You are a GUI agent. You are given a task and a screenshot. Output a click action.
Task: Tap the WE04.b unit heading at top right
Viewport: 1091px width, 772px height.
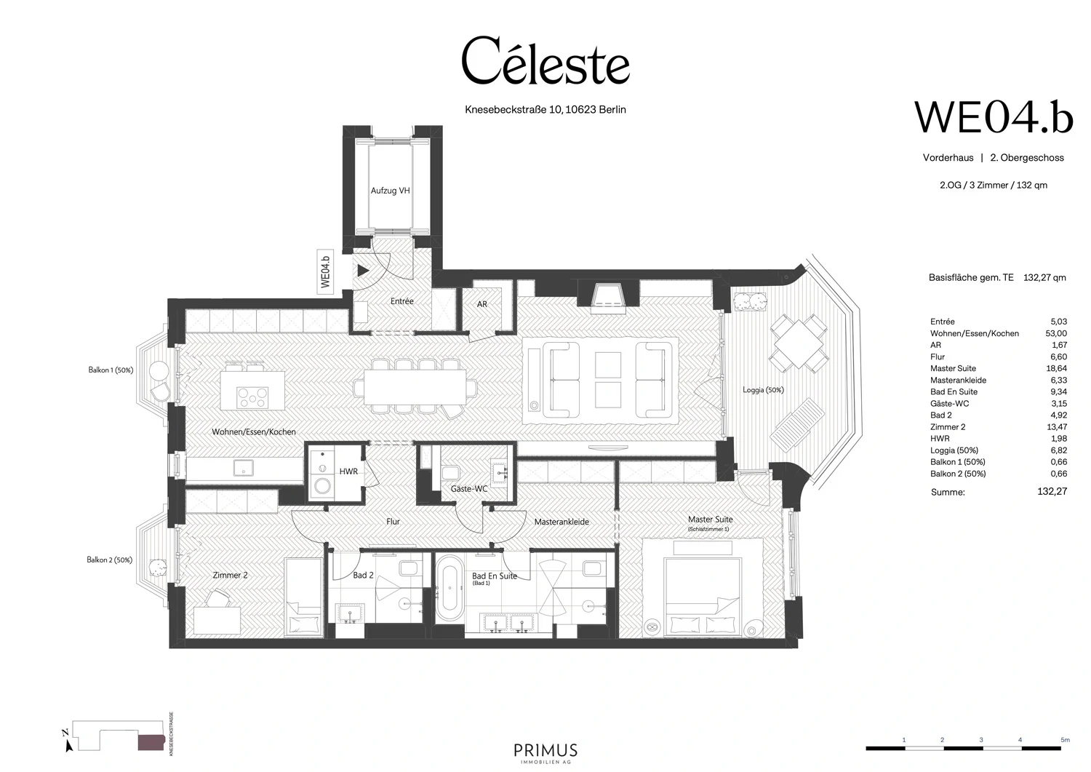(993, 117)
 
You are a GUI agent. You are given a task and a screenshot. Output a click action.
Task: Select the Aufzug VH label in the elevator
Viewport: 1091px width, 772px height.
(390, 191)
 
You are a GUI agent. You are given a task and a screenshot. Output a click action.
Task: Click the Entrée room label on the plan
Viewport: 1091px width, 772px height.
(401, 301)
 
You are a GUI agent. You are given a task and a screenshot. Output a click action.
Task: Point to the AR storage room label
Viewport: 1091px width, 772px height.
(482, 304)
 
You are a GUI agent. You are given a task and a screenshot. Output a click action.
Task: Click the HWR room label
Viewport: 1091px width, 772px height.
(348, 471)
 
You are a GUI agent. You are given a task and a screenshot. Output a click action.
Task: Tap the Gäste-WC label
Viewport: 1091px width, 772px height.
(468, 489)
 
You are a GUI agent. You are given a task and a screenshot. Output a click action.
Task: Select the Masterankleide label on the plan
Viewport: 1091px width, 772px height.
(562, 522)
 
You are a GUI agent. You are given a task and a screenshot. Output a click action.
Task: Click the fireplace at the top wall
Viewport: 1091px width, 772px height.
(608, 295)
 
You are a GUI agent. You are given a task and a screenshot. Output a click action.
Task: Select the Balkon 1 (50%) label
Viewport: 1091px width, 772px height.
(111, 370)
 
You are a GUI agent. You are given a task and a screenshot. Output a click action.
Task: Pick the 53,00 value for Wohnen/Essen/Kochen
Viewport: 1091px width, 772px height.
(1057, 333)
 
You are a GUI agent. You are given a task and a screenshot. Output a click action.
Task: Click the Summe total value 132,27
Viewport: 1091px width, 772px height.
(1052, 492)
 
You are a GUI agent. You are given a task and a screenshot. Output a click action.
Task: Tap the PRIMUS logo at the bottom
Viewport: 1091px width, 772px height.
(545, 751)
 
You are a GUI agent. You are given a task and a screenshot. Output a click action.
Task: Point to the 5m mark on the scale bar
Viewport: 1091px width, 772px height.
(1064, 740)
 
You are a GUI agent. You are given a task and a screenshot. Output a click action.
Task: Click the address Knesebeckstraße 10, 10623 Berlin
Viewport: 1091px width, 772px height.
(545, 110)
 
